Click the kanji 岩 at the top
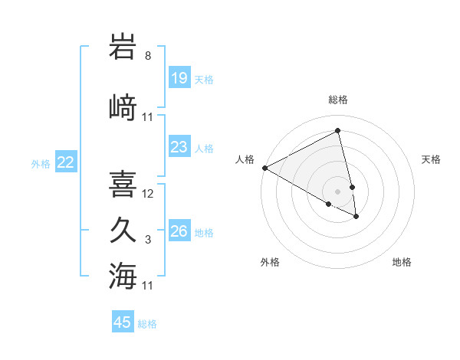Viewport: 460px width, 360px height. [123, 47]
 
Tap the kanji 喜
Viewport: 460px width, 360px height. [123, 183]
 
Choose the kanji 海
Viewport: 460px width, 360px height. [123, 275]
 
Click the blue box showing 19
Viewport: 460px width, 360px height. [179, 78]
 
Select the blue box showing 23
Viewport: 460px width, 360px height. [179, 147]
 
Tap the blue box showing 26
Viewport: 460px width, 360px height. [179, 231]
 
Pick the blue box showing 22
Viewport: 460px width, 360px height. [66, 162]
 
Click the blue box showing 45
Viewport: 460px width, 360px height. [123, 322]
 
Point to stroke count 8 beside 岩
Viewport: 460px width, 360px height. [148, 56]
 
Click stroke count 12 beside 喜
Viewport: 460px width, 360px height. [148, 194]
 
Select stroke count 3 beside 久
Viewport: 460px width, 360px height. [148, 240]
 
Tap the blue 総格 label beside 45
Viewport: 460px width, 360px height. [147, 324]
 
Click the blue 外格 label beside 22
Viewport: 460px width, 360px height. [41, 163]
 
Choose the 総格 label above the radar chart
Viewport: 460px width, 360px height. [338, 100]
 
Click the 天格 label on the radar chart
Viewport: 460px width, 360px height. [431, 159]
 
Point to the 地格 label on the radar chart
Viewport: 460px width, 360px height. [402, 262]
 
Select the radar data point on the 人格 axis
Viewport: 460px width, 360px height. [264, 168]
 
